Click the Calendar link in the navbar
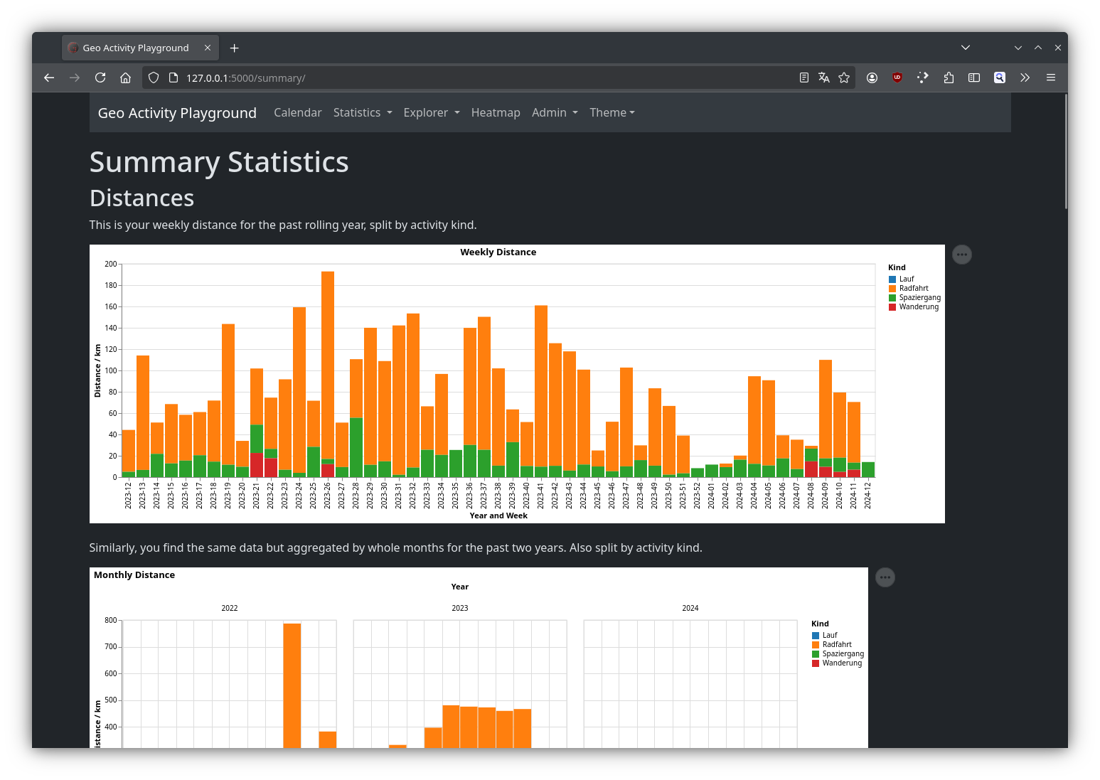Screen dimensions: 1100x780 click(x=298, y=112)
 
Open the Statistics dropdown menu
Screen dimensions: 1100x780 click(x=363, y=112)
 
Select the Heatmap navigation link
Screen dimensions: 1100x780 click(x=496, y=112)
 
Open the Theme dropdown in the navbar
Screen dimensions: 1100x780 click(x=612, y=112)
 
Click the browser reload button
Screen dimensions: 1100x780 click(x=100, y=78)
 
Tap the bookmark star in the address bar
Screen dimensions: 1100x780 click(x=843, y=78)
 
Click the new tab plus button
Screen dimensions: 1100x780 click(x=234, y=48)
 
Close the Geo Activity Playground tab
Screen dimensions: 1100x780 click(x=207, y=48)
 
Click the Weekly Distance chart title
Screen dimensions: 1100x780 click(x=498, y=252)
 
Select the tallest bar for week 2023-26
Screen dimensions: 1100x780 click(x=328, y=365)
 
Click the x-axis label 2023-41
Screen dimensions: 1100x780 click(x=540, y=495)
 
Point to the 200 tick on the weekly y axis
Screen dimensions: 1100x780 click(x=111, y=264)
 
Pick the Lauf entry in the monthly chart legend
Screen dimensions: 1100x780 click(x=825, y=635)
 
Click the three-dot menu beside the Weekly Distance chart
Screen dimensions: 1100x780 click(x=961, y=255)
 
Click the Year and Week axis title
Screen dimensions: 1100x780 click(x=498, y=515)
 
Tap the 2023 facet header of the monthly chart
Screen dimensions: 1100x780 click(x=459, y=608)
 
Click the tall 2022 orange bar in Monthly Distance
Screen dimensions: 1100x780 click(x=292, y=685)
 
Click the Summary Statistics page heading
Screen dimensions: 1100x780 click(x=219, y=161)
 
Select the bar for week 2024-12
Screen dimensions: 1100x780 click(x=867, y=469)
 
